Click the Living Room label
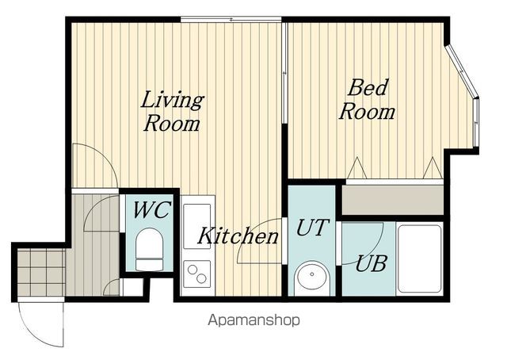(x=172, y=111)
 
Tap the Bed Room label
(x=367, y=99)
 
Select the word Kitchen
(x=238, y=236)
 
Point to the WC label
(x=151, y=210)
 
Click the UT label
(x=312, y=228)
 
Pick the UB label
(x=371, y=263)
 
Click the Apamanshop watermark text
(x=253, y=320)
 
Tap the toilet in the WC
(x=150, y=249)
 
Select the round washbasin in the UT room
(x=312, y=275)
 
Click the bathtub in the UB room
(x=420, y=259)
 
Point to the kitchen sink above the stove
(x=197, y=226)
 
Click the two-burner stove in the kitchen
(x=197, y=274)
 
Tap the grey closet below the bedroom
(x=393, y=200)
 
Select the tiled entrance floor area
(x=41, y=272)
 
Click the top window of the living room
(x=231, y=20)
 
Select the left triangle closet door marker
(x=357, y=167)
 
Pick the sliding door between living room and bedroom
(x=284, y=72)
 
